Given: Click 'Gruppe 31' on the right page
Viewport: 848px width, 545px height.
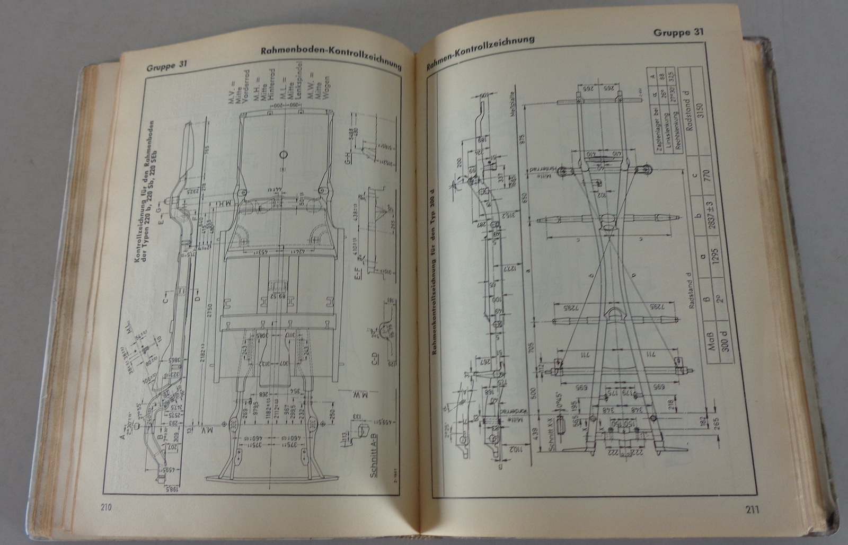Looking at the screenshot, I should [678, 32].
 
